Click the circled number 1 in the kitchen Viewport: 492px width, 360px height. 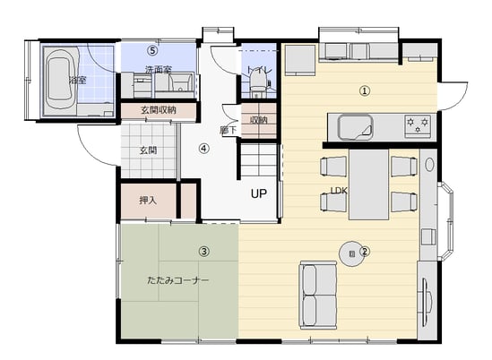pyautogui.click(x=364, y=91)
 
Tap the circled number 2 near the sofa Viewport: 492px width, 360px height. pyautogui.click(x=365, y=252)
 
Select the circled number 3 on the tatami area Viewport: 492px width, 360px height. pyautogui.click(x=204, y=252)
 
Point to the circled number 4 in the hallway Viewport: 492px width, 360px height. pyautogui.click(x=204, y=149)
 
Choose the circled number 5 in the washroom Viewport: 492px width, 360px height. pyautogui.click(x=152, y=50)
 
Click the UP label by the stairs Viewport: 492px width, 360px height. pyautogui.click(x=259, y=193)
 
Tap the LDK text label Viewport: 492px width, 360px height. pyautogui.click(x=339, y=191)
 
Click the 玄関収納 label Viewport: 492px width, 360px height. pyautogui.click(x=159, y=110)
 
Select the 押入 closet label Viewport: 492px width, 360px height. pyautogui.click(x=148, y=201)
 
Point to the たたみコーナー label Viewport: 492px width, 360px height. pyautogui.click(x=178, y=280)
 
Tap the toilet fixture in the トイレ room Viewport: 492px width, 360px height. pyautogui.click(x=258, y=81)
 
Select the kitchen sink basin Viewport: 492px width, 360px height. pyautogui.click(x=355, y=127)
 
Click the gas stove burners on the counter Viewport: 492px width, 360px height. pyautogui.click(x=418, y=125)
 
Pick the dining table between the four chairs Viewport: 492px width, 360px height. pyautogui.click(x=368, y=184)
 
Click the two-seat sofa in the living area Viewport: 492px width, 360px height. pyautogui.click(x=318, y=295)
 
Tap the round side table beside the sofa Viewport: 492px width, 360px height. pyautogui.click(x=351, y=253)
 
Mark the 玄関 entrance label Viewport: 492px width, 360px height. pyautogui.click(x=148, y=150)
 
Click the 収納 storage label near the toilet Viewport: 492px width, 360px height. pyautogui.click(x=259, y=120)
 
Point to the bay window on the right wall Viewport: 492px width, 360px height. pyautogui.click(x=446, y=221)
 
